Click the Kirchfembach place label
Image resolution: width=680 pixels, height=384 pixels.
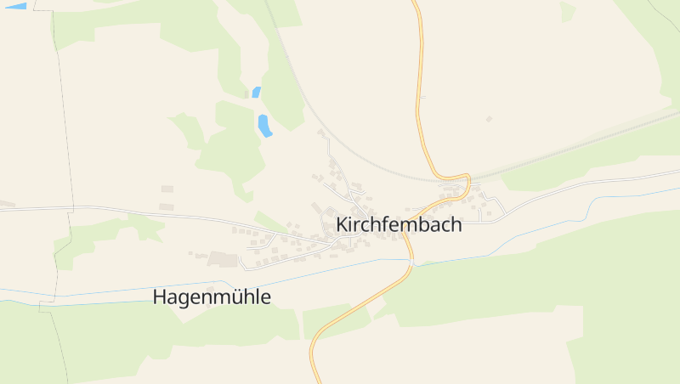click(x=399, y=225)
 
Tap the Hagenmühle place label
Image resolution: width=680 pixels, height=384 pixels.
click(x=212, y=297)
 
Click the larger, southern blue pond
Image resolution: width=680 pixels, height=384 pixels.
click(x=264, y=126)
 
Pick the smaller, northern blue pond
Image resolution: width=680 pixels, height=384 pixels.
click(x=256, y=92)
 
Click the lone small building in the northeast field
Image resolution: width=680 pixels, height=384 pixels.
click(x=488, y=119)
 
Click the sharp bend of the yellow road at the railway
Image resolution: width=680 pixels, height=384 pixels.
click(x=466, y=178)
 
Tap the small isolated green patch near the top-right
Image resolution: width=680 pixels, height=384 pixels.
click(x=567, y=11)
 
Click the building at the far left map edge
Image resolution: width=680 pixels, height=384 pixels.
click(x=7, y=204)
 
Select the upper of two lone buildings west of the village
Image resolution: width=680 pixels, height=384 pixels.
click(x=167, y=189)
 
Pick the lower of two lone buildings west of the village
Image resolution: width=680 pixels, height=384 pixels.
click(x=167, y=206)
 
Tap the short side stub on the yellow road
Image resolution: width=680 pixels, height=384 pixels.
click(x=422, y=98)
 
